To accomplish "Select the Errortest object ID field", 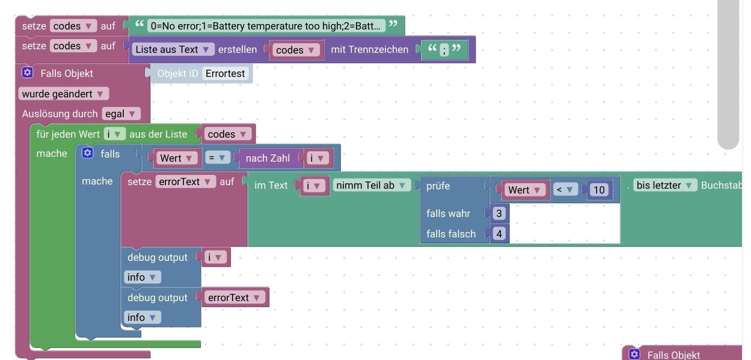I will point(225,73).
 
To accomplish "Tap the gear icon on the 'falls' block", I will point(88,153).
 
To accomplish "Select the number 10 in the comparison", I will point(599,191).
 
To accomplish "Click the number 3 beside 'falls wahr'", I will point(499,213).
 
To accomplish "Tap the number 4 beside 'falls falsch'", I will point(499,234).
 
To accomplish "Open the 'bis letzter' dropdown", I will point(665,185).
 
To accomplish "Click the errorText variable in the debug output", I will point(234,297).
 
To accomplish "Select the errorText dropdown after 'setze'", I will point(185,181).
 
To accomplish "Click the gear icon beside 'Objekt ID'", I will point(27,73).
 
